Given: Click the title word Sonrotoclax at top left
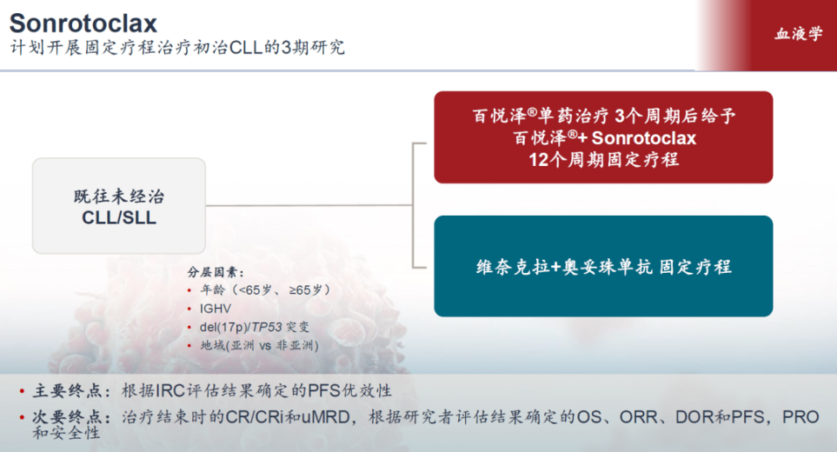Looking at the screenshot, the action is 83,23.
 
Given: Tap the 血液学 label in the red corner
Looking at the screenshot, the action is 799,34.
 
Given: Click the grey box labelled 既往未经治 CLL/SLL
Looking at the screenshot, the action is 119,205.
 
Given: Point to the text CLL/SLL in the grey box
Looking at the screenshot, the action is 119,217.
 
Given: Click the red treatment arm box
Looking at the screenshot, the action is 603,137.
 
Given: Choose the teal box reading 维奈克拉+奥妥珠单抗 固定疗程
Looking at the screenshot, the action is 603,266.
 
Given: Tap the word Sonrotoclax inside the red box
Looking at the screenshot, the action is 644,138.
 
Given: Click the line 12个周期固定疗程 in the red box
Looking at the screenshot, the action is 603,160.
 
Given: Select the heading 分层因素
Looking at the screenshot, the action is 216,272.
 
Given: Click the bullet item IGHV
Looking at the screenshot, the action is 216,309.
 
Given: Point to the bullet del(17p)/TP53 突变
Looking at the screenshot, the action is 254,327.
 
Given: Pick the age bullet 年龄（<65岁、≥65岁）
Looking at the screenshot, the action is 265,289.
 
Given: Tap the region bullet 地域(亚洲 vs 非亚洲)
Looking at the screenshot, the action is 259,345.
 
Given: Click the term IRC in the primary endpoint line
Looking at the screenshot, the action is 170,390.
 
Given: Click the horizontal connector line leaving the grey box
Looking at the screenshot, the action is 309,205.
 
